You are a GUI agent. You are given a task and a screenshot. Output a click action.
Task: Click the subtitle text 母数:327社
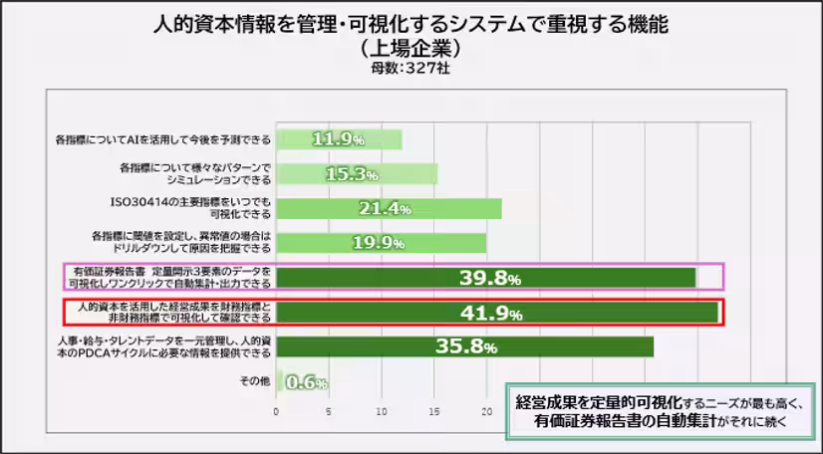pos(411,69)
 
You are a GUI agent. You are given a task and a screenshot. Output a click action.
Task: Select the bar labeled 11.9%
pos(339,138)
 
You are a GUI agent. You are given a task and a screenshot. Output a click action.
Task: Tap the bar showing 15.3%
pos(356,173)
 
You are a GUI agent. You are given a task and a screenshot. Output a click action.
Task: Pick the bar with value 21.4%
pos(388,208)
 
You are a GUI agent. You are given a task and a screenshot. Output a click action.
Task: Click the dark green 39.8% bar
pos(485,277)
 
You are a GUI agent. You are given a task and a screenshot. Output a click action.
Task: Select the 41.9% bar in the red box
pos(496,312)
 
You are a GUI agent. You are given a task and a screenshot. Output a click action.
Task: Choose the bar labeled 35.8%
pos(464,346)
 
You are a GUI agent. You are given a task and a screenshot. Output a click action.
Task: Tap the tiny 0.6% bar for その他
pos(279,381)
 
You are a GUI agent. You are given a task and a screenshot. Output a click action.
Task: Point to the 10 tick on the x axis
pos(382,411)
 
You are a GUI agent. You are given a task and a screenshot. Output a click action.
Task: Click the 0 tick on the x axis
pos(276,411)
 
